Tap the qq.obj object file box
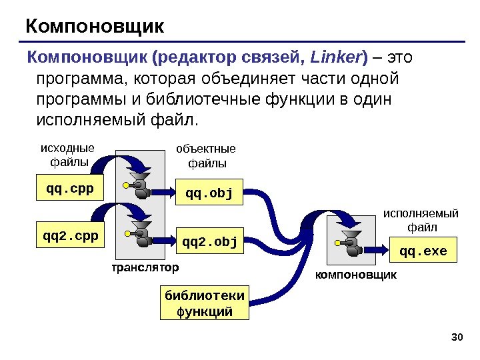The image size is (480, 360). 209,194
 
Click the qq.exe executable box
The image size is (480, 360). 423,252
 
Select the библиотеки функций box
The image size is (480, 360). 205,303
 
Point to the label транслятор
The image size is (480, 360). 145,268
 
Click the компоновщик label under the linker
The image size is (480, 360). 356,275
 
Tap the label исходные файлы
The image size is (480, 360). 68,155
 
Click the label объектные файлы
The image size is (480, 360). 205,155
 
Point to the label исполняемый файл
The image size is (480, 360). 421,220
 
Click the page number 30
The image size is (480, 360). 457,335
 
